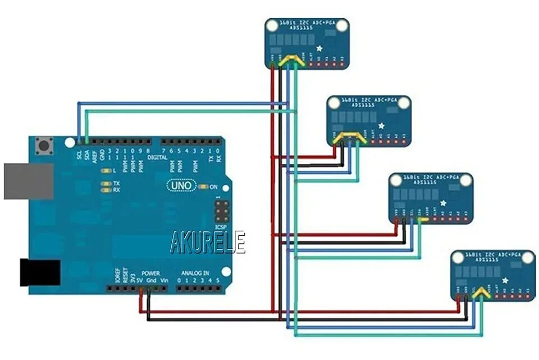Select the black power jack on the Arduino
pos(40,272)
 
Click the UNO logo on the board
pos(181,185)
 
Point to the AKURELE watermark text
pos(208,243)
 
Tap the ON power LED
pos(203,186)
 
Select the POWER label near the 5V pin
pos(151,273)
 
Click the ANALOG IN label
pos(195,273)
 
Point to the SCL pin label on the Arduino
pos(79,154)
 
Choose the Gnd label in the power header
pos(152,280)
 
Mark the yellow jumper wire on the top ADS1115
pos(293,60)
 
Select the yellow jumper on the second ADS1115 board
pos(353,136)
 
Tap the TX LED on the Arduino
pos(104,184)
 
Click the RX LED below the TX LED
pos(104,190)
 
